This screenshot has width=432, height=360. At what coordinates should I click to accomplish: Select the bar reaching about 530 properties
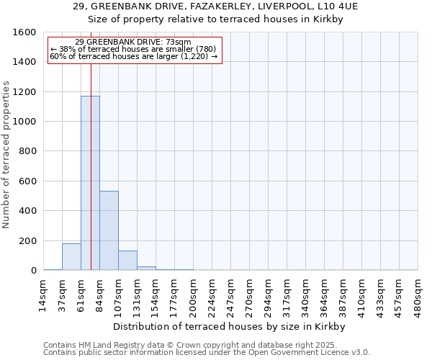click(x=109, y=230)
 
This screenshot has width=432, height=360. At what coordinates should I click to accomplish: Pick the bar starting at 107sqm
click(x=127, y=261)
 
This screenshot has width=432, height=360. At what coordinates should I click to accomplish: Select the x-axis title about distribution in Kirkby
click(x=230, y=326)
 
